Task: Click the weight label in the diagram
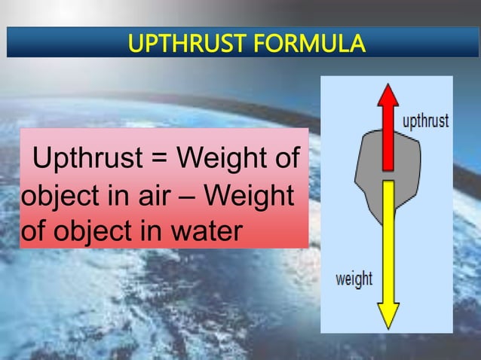(x=354, y=278)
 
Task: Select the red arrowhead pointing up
(x=388, y=97)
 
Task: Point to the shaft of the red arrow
(x=388, y=140)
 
